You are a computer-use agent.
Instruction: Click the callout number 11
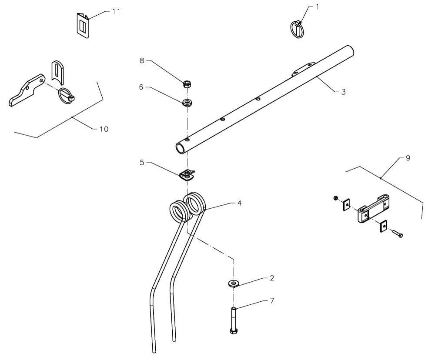(116, 12)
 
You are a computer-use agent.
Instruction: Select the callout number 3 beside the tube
(344, 92)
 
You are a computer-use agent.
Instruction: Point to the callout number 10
(104, 129)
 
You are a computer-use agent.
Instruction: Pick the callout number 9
(408, 158)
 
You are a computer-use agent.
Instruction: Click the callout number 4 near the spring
(239, 203)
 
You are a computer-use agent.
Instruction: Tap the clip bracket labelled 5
(187, 175)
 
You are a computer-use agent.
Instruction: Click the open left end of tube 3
(181, 148)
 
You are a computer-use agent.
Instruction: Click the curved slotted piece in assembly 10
(58, 72)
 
